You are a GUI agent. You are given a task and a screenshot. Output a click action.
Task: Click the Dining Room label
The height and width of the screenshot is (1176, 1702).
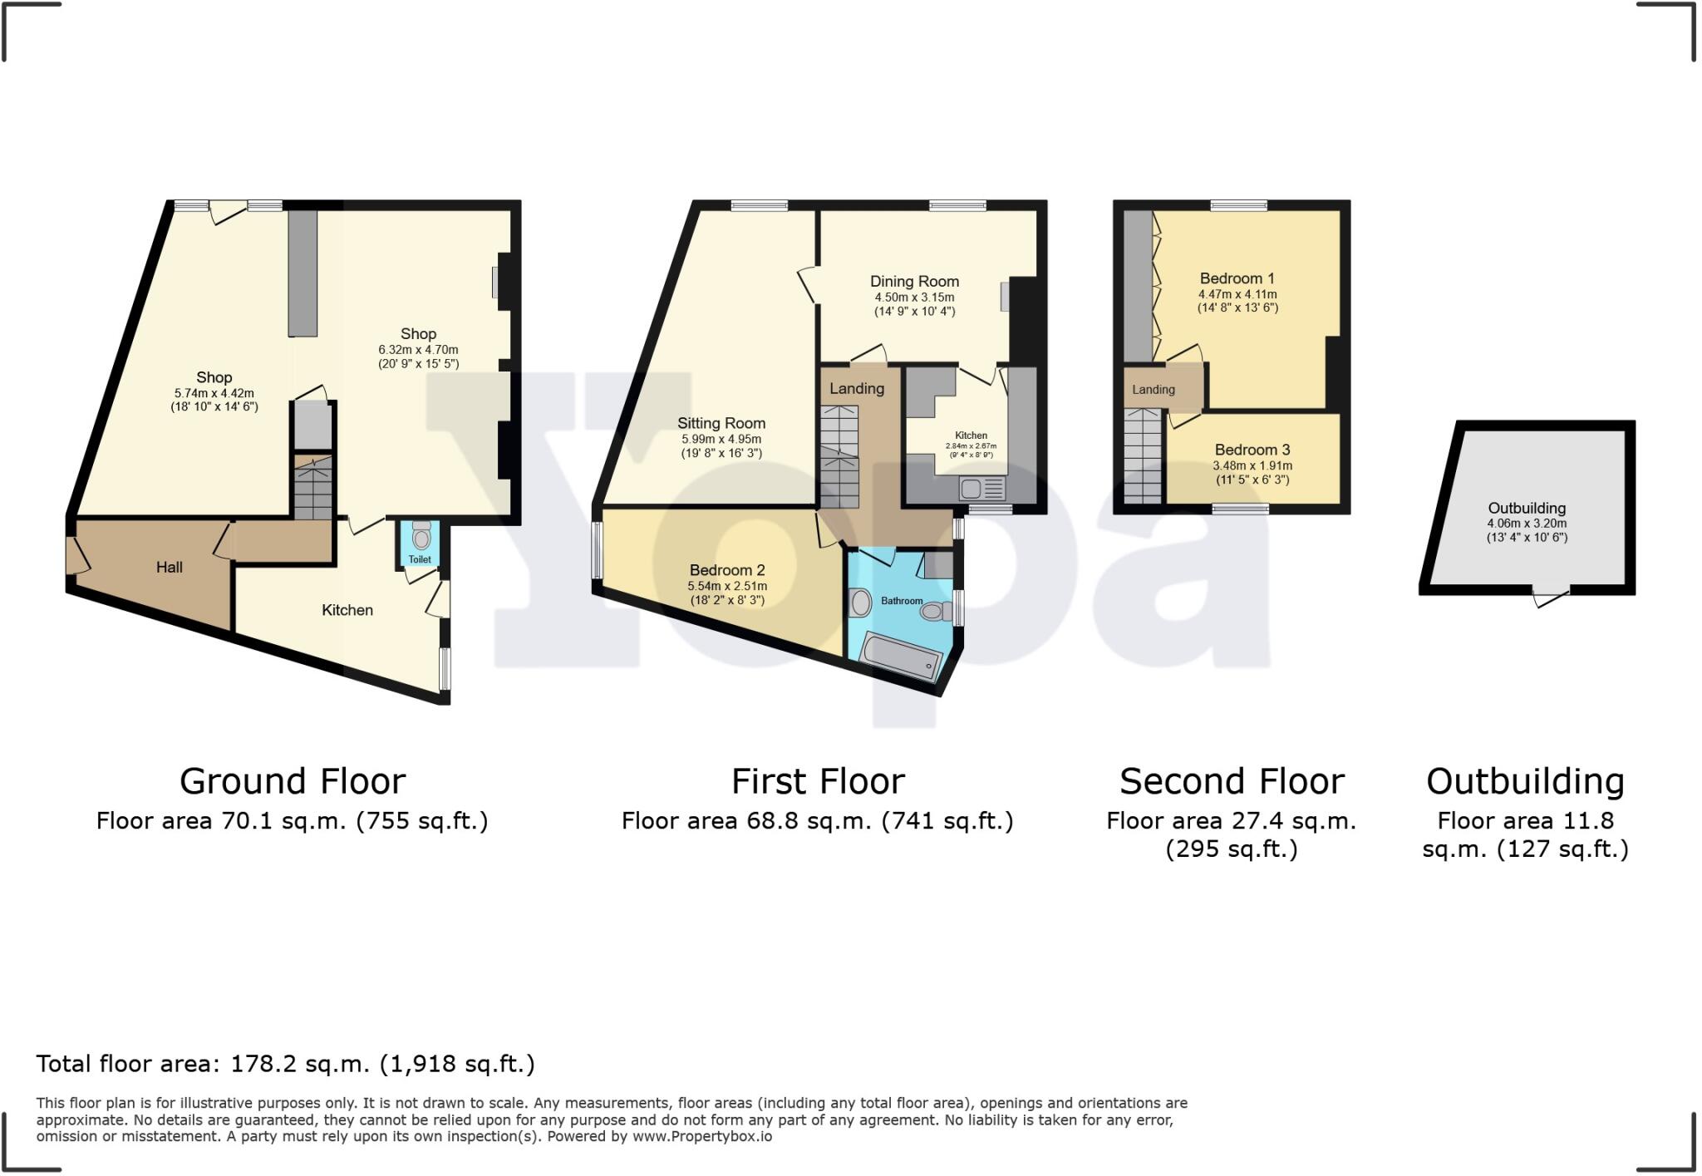pos(914,282)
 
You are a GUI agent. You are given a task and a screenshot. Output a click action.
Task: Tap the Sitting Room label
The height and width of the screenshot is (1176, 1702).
pos(721,423)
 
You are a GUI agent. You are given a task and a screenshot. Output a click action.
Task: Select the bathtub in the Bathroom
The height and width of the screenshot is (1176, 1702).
pos(901,657)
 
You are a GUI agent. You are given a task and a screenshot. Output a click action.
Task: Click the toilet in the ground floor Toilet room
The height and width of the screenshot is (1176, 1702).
pos(421,537)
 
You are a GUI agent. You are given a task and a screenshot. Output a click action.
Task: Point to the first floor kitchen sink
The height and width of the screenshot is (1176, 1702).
pos(982,488)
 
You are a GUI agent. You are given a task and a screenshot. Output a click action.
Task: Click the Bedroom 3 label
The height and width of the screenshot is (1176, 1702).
pos(1252,450)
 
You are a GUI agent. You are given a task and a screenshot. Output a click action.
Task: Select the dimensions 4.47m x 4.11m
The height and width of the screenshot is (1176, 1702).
pos(1237,294)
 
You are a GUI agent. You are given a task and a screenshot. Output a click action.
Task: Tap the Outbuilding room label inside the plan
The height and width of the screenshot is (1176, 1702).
pos(1526,508)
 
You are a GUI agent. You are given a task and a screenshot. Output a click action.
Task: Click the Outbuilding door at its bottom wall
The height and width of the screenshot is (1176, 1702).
pos(1551,596)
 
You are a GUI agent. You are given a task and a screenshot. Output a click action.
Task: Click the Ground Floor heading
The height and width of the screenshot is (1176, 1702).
pos(293,781)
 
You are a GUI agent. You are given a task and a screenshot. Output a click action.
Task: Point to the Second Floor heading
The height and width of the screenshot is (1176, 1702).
pos(1231,781)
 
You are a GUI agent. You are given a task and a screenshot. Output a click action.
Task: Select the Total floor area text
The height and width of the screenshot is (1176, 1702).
pos(285,1064)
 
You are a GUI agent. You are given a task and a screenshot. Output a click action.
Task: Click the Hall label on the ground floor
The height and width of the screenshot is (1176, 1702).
pos(170,567)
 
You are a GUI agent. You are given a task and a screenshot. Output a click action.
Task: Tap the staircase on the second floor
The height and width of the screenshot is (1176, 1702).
pos(1143,457)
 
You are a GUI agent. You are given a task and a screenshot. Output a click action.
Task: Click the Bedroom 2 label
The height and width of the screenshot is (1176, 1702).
pos(726,570)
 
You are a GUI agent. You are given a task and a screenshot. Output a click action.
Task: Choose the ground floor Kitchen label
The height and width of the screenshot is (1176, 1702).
pos(347,610)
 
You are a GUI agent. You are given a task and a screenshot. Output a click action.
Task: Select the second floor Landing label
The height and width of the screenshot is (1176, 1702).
pos(1153,389)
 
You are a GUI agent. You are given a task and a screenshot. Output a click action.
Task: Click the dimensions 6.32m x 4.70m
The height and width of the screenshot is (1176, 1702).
pos(418,350)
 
